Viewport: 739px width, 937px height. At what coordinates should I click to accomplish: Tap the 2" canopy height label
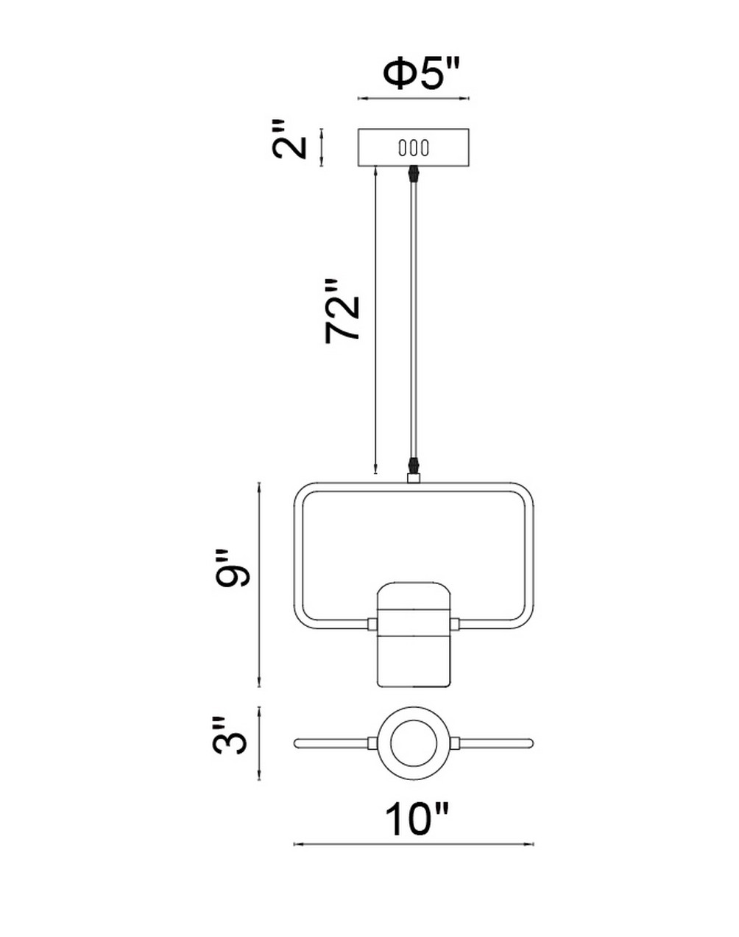click(x=289, y=139)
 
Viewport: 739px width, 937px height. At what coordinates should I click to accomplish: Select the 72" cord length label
click(x=342, y=311)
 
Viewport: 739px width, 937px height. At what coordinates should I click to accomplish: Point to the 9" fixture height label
click(x=233, y=568)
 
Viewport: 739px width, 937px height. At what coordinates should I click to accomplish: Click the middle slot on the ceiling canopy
click(x=413, y=148)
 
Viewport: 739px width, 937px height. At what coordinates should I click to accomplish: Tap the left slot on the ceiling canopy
click(x=402, y=148)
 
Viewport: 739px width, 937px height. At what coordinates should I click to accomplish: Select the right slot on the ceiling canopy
click(x=425, y=148)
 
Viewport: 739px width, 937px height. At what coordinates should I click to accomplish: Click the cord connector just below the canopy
click(x=413, y=175)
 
